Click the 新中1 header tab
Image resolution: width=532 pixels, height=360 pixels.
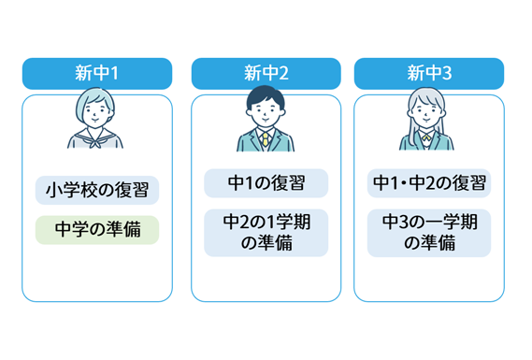coord(97,73)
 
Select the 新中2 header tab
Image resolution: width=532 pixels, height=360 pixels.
coord(266,73)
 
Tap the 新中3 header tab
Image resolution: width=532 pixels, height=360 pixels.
coord(428,73)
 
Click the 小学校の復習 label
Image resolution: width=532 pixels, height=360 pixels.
coord(97,190)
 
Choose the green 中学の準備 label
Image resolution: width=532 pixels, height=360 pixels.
coord(97,230)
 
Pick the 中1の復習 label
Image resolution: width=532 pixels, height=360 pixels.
coord(266,183)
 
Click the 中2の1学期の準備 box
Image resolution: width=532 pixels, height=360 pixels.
coord(266,233)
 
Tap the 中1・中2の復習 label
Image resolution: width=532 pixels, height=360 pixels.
coord(428,183)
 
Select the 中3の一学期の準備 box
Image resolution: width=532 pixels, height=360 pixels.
coord(428,233)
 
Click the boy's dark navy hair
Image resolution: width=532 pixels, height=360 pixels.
coord(266,97)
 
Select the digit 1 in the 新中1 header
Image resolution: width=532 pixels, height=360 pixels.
coord(113,73)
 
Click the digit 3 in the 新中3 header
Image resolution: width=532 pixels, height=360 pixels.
coord(445,73)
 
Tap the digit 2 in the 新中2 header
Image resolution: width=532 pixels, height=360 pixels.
coord(283,73)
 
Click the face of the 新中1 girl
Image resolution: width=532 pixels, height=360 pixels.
coord(97,112)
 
